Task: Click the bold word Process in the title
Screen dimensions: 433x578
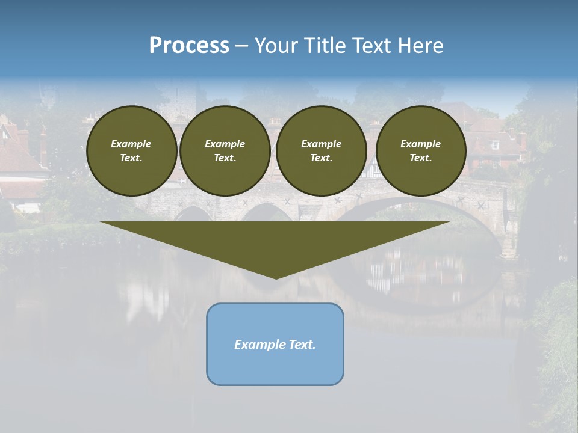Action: coord(189,46)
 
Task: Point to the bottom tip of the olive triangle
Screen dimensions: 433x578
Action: coord(276,278)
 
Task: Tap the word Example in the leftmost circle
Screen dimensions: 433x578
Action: coord(131,144)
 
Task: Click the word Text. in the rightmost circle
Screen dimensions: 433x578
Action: coord(421,158)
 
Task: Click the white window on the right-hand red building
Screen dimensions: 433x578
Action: coord(495,145)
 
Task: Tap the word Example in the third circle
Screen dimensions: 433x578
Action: coord(322,144)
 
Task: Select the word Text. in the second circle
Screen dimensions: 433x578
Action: coord(225,158)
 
